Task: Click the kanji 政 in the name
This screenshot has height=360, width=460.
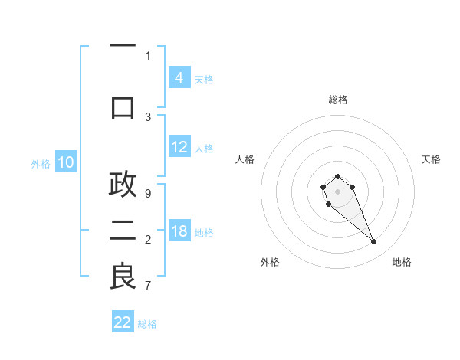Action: pos(123,185)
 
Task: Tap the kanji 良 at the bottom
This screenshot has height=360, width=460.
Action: pos(123,277)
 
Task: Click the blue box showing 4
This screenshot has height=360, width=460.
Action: pos(179,77)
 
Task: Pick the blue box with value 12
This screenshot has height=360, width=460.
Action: pos(179,147)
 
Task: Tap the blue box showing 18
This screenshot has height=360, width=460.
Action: pos(179,231)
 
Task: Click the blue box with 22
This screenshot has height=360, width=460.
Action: pos(123,322)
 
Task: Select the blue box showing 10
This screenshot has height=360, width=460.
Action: pos(66,162)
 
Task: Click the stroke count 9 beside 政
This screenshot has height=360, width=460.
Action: pos(148,194)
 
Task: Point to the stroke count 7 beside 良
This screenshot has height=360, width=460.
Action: pos(148,286)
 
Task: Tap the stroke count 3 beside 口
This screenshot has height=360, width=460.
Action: pos(148,116)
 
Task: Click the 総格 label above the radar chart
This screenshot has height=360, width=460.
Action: pos(338,100)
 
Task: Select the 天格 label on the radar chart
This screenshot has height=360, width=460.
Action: pos(431,159)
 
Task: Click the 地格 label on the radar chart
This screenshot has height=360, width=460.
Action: pos(402,262)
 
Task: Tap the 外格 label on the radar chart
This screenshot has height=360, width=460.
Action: pos(270,262)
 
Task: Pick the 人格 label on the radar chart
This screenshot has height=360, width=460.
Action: pos(245,159)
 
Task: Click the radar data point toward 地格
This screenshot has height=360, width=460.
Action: pos(374,242)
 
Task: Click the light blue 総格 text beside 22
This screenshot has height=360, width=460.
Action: pos(147,324)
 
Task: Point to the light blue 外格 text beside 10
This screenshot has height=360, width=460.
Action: pos(40,163)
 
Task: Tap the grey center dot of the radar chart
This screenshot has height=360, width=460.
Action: pos(337,191)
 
